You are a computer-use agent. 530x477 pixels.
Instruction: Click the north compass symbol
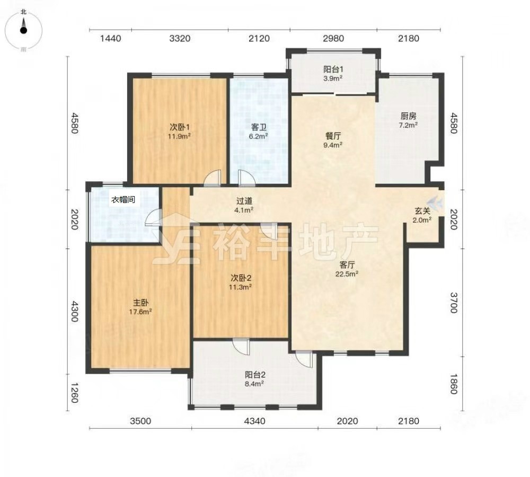pyautogui.click(x=23, y=30)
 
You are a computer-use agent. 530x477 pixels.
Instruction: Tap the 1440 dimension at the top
pyautogui.click(x=111, y=39)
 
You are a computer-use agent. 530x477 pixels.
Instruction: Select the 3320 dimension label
pyautogui.click(x=180, y=39)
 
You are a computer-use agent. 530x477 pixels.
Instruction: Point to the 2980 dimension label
pyautogui.click(x=333, y=39)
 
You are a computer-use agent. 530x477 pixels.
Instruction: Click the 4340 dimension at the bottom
pyautogui.click(x=254, y=421)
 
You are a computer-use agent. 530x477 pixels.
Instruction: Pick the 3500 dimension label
pyautogui.click(x=140, y=421)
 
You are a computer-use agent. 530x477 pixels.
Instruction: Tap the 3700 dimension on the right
pyautogui.click(x=454, y=303)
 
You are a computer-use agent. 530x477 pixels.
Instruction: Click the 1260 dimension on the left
pyautogui.click(x=74, y=393)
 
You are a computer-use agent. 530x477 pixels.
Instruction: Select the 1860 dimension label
pyautogui.click(x=454, y=384)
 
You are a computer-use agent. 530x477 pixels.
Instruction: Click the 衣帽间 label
pyautogui.click(x=123, y=199)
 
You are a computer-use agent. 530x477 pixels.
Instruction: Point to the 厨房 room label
pyautogui.click(x=408, y=116)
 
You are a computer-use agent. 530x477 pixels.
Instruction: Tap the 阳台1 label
pyautogui.click(x=333, y=69)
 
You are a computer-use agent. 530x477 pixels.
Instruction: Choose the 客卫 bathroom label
pyautogui.click(x=259, y=127)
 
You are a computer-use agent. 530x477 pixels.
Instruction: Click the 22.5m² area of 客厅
pyautogui.click(x=347, y=274)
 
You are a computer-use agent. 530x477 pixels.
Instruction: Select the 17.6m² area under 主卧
pyautogui.click(x=140, y=312)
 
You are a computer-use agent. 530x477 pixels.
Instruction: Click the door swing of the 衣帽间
pyautogui.click(x=153, y=217)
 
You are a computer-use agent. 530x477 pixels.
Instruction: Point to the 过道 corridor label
pyautogui.click(x=244, y=201)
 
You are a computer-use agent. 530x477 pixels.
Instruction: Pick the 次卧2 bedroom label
pyautogui.click(x=241, y=278)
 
